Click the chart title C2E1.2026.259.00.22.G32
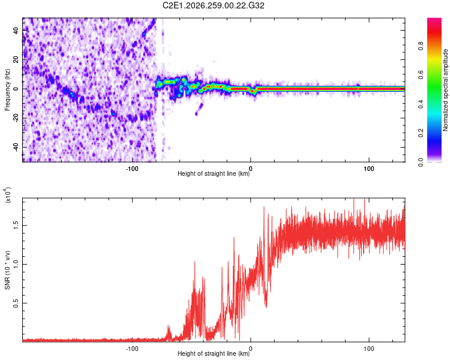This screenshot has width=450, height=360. pos(213,5)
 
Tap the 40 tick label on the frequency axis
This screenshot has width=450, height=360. pos(16,31)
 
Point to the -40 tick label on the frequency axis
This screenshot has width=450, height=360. pos(16,147)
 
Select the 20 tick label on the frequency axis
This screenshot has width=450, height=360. pos(16,60)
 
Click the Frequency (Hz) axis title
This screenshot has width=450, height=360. pos(7,90)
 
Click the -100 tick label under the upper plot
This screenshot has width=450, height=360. pos(132,169)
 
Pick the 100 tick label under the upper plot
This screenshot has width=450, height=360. pos(369,169)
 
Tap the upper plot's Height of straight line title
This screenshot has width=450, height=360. pos(214,173)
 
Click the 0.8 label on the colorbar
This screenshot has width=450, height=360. pos(421,46)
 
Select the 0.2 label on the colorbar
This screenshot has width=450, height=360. pos(421,133)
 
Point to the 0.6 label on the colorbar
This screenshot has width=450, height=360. pos(421,75)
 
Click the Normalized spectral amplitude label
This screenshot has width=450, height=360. pos(445,89)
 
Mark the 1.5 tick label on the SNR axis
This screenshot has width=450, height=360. pos(16,226)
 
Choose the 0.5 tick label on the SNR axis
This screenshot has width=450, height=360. pos(16,303)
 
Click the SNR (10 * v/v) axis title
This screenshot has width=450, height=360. pos(7,270)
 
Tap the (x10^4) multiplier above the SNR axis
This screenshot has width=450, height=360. pos(8,195)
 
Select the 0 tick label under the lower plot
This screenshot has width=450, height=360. pos(251,349)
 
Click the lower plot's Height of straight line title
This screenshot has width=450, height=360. pos(214,353)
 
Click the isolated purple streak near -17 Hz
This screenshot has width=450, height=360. pos(199,109)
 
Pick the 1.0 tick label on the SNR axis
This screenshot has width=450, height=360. pos(16,264)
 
